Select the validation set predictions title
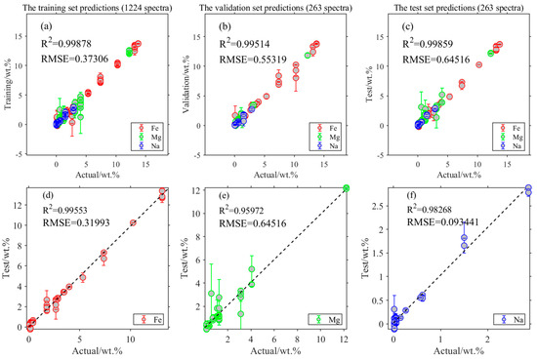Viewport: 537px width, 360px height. click(275, 9)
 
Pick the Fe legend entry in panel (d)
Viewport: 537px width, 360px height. click(150, 318)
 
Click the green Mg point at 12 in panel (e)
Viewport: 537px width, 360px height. click(347, 188)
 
